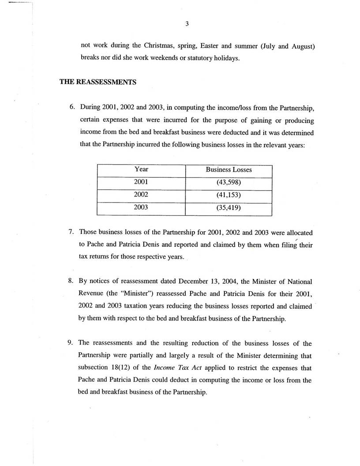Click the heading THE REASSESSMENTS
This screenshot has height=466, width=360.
coord(98,82)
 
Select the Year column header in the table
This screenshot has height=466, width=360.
coord(141,169)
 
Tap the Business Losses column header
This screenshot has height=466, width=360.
coord(229,169)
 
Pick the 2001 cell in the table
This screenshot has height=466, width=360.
coord(141,182)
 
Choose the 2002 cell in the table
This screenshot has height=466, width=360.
coord(141,195)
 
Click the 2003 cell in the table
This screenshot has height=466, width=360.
coord(141,207)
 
